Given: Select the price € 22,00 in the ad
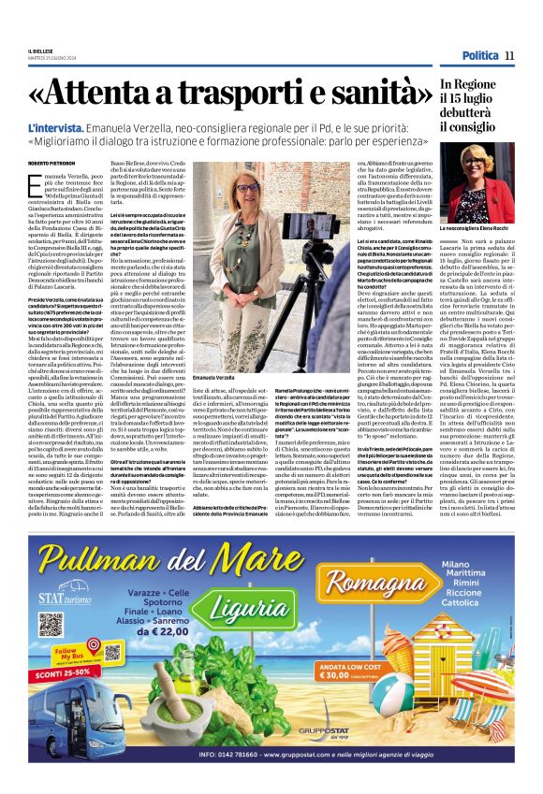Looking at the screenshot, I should tap(178, 633).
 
